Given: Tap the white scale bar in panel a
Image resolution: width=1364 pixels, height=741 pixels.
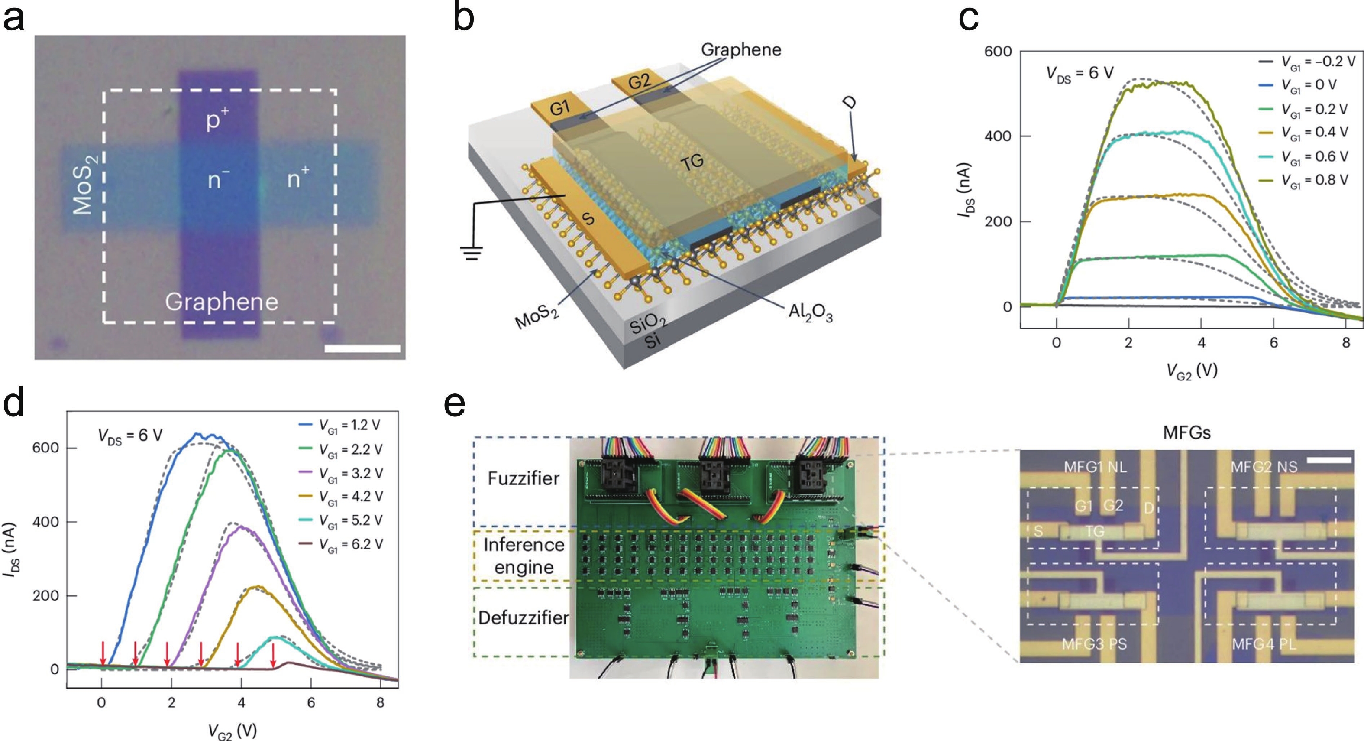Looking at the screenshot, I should [x=362, y=348].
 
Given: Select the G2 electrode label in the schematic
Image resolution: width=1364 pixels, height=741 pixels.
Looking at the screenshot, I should [x=639, y=81].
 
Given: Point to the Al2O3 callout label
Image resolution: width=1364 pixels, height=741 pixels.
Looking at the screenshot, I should [x=810, y=313].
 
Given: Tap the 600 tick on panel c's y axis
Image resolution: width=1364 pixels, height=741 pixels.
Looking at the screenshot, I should [x=998, y=52].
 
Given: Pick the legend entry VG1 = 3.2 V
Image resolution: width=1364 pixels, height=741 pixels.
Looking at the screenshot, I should [x=350, y=473].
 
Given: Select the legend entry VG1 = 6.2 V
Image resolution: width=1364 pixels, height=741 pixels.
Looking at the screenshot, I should [x=350, y=544].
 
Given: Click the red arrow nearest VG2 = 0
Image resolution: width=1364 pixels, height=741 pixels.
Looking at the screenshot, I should [x=103, y=653].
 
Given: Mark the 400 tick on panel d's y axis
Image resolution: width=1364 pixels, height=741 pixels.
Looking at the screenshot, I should [x=47, y=522].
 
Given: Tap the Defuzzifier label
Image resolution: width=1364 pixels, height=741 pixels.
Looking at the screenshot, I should [x=523, y=617].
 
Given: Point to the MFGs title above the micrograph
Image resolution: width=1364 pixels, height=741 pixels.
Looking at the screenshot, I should [x=1186, y=433].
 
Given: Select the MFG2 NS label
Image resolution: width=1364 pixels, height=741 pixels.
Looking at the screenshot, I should [x=1264, y=467].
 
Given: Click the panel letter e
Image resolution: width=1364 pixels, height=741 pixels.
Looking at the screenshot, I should [x=455, y=404].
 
